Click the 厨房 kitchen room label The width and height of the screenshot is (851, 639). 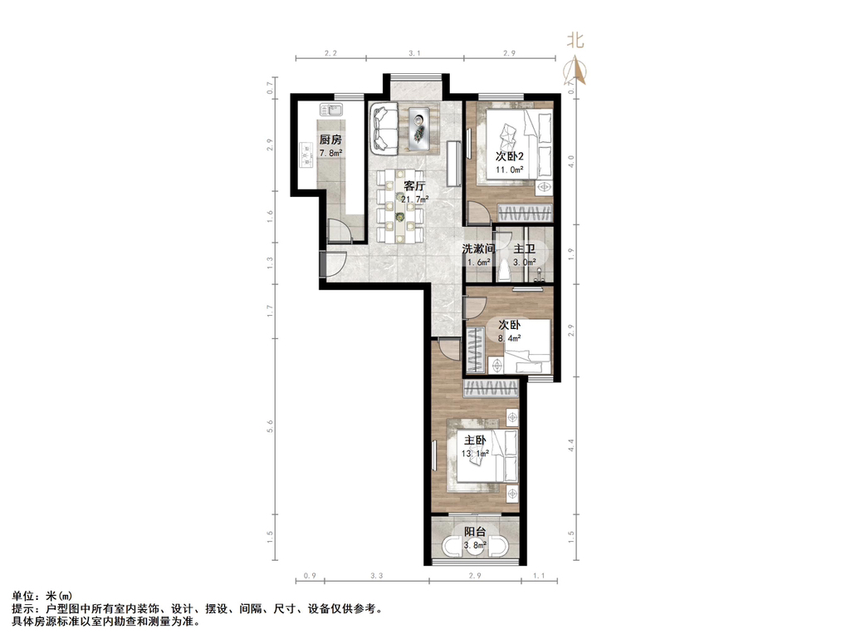[331, 140]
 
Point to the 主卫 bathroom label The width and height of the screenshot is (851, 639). [524, 249]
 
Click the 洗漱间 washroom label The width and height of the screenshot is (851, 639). [479, 249]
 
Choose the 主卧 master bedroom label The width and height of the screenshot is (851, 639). [476, 440]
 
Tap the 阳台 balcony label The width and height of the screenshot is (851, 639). [475, 532]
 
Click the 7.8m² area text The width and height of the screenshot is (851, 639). [331, 153]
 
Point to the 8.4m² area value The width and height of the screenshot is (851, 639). [510, 338]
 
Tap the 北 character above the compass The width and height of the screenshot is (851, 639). [575, 40]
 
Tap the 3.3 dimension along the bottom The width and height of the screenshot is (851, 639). [376, 575]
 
